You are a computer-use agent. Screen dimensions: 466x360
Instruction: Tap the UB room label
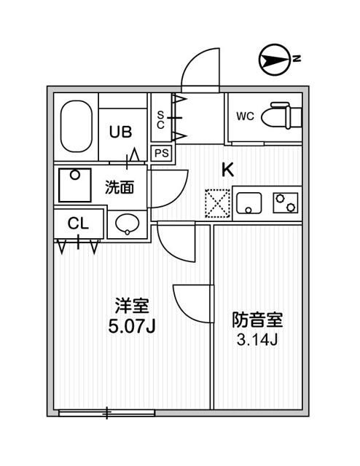click(120, 132)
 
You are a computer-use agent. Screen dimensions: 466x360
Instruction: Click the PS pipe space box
click(161, 153)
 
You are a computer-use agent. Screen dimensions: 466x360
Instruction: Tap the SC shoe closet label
click(161, 119)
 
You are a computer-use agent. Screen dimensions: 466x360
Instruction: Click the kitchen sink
click(250, 202)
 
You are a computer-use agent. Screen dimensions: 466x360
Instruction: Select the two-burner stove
click(286, 202)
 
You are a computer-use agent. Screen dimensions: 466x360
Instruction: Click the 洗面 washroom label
click(120, 186)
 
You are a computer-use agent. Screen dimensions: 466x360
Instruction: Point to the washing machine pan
click(74, 185)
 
